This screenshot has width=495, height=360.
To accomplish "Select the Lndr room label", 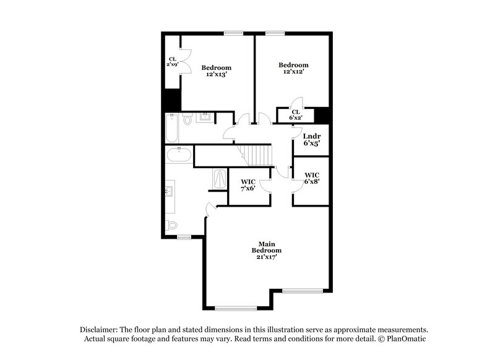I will click(x=311, y=135).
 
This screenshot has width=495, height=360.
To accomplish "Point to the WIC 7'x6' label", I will click(x=247, y=184).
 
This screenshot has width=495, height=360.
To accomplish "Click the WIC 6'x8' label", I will click(x=311, y=179).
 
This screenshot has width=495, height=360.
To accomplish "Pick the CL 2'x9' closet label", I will click(x=172, y=62).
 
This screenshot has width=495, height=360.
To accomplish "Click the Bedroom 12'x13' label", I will click(x=217, y=71).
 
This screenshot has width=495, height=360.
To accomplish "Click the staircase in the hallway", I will click(x=254, y=155).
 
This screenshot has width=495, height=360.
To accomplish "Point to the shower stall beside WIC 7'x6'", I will click(x=220, y=180).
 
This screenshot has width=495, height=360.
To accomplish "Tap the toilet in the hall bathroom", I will click(x=188, y=121).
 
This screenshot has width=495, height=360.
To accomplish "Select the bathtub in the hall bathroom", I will click(x=172, y=129).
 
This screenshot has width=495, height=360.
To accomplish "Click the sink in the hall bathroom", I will click(x=205, y=117).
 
